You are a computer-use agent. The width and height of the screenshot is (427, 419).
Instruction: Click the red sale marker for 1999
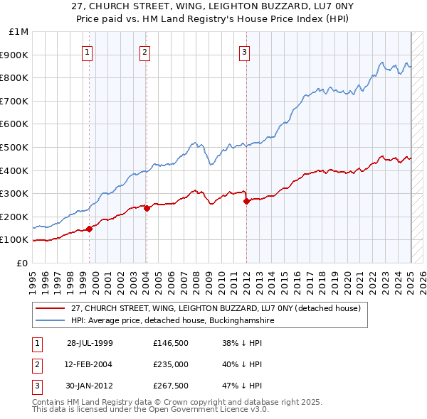(x=90, y=229)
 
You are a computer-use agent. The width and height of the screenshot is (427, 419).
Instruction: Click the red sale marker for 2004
(x=147, y=209)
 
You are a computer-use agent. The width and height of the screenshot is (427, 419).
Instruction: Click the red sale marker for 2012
(x=246, y=201)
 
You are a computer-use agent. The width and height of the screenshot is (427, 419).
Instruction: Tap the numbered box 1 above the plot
(x=87, y=51)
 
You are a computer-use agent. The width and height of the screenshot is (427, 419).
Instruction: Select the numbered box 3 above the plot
(x=244, y=51)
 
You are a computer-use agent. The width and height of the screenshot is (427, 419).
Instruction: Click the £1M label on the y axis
(x=19, y=31)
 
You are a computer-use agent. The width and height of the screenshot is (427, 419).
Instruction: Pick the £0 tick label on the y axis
(x=23, y=263)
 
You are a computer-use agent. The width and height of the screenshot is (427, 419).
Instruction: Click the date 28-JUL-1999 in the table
(x=90, y=343)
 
